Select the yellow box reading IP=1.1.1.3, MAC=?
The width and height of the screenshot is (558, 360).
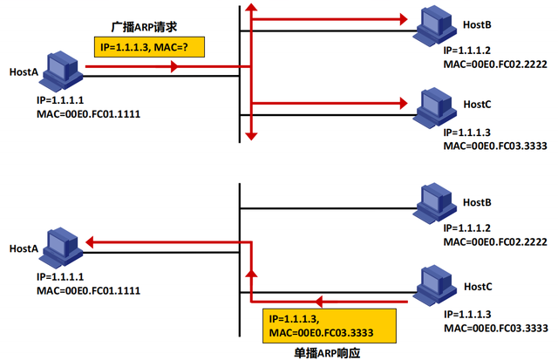pos(148,46)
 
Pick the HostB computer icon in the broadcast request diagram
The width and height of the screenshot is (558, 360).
pos(434,26)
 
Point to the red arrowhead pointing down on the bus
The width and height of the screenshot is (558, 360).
pos(251,133)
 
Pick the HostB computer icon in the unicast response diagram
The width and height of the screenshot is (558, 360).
pos(434,202)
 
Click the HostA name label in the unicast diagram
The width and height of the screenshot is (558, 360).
pos(23,248)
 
